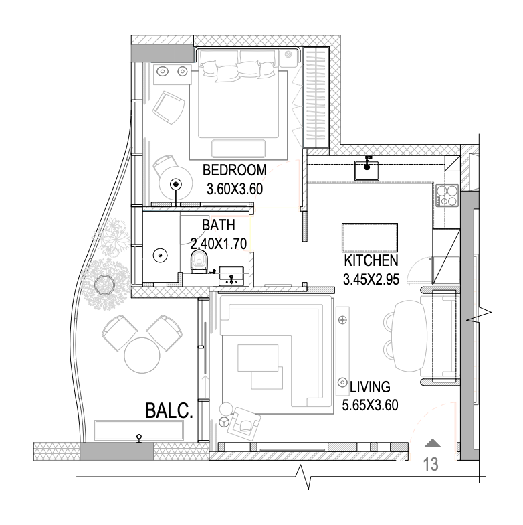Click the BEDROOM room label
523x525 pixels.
click(234, 170)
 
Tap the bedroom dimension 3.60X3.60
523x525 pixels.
click(235, 189)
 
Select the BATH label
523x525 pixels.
click(219, 225)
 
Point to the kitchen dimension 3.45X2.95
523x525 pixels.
click(371, 279)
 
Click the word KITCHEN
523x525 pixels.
click(371, 260)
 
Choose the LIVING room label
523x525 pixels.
click(371, 387)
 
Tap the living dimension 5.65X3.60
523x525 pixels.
click(371, 406)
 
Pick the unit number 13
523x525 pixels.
click(431, 465)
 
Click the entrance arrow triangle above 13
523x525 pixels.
click(432, 443)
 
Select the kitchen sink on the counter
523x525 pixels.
click(367, 170)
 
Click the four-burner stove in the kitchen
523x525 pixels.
click(447, 195)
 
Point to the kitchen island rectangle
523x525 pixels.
click(369, 238)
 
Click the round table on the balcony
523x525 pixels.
click(142, 355)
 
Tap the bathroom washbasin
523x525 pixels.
click(231, 276)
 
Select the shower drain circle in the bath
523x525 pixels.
click(161, 256)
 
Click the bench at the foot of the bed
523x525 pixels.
click(238, 149)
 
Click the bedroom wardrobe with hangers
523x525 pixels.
click(316, 97)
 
